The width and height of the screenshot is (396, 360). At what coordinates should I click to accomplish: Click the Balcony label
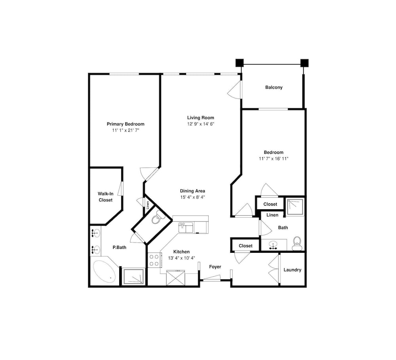274,87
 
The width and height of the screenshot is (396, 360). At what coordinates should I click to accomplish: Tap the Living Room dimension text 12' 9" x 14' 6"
201,124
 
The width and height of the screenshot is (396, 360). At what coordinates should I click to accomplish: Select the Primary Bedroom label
126,124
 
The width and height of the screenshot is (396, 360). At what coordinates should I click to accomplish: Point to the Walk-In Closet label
106,197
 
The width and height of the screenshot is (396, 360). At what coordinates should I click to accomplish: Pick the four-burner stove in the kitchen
154,260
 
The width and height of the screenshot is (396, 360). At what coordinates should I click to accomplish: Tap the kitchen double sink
186,227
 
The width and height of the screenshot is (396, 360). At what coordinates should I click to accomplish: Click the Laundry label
293,270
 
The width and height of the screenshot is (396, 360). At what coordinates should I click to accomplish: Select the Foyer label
215,267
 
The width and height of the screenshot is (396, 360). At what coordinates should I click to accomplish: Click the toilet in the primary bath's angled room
156,218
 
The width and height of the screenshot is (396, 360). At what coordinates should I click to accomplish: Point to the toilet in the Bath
297,243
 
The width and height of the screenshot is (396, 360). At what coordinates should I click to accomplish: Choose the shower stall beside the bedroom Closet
295,207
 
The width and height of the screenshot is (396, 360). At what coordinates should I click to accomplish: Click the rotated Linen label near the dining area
148,205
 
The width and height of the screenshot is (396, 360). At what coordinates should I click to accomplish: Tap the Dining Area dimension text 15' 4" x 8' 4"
192,197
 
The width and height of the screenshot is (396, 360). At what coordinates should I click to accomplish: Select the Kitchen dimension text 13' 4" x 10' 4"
182,258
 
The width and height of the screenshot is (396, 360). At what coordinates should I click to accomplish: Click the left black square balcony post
240,63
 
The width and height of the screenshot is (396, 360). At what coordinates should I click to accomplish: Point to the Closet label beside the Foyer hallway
246,246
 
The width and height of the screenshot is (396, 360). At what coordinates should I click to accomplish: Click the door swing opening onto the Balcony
234,89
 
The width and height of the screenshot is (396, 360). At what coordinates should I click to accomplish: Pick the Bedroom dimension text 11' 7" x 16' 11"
274,159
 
